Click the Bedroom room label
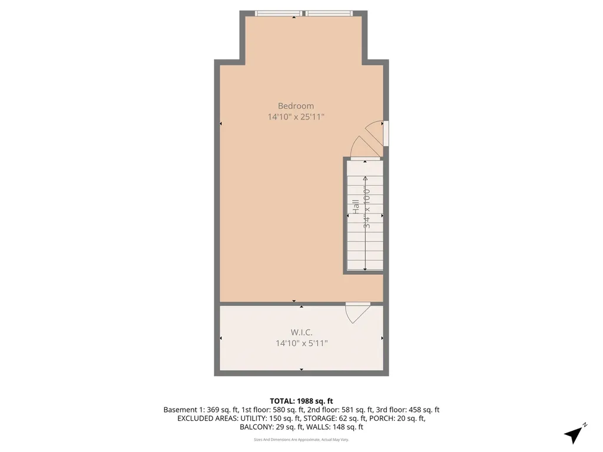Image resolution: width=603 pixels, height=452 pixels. (x=296, y=106)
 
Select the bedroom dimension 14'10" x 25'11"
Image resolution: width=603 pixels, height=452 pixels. (x=296, y=117)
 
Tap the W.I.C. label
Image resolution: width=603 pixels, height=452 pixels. (x=301, y=333)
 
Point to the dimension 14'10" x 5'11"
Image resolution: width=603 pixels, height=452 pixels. (x=301, y=343)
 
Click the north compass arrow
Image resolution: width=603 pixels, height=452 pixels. (x=574, y=434)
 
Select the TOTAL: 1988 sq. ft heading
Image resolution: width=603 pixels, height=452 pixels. (x=301, y=401)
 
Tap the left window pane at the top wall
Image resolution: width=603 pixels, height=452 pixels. (x=279, y=13)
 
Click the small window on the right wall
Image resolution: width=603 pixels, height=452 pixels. (x=386, y=133)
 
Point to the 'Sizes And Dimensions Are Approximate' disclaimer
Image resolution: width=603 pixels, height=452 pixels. (x=301, y=439)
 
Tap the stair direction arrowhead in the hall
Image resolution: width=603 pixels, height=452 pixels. (x=365, y=178)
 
